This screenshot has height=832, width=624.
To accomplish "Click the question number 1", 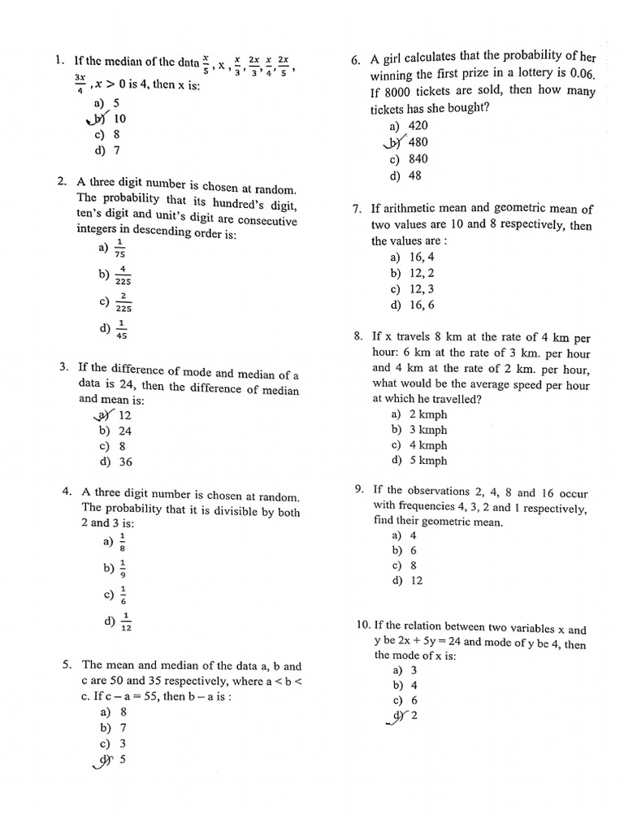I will pos(59,60).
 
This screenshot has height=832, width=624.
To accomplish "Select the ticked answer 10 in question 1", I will pos(119,119).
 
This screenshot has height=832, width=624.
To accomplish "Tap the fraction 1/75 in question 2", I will pos(120,248).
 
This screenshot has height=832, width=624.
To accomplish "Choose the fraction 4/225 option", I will pos(123,275).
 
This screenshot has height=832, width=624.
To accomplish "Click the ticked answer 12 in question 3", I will pos(124,415).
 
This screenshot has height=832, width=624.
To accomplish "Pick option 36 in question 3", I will pos(124,461).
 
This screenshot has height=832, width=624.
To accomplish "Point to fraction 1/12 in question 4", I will pos(125,622).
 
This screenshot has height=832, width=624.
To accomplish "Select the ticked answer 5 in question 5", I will pos(123,760).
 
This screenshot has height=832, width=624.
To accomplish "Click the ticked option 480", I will pos(418,142).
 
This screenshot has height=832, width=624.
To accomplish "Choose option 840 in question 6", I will pos(418,159).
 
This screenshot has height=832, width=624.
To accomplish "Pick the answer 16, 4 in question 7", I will pos(423,257).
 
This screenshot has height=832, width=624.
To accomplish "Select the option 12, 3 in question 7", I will pos(423,289).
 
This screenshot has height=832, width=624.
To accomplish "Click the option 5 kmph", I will pos(427,461).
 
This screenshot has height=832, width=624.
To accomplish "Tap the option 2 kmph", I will pos(427,414).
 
